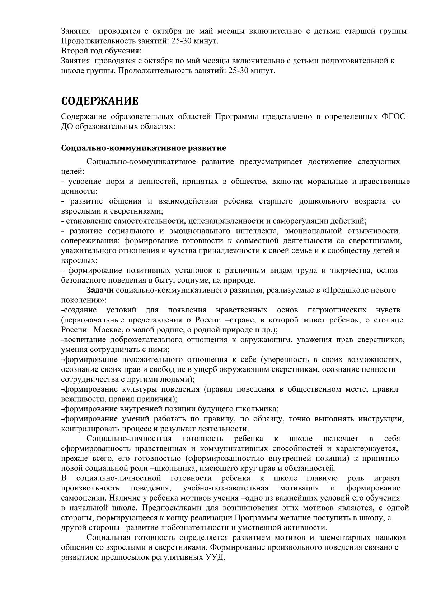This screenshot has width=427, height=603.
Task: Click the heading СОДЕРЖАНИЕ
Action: (99, 101)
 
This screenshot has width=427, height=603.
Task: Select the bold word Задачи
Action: (100, 290)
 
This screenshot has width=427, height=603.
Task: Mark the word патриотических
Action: (337, 310)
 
